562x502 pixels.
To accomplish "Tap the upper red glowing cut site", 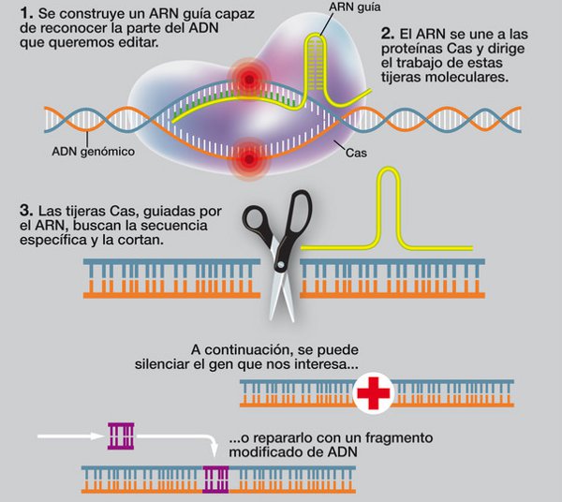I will (250, 77).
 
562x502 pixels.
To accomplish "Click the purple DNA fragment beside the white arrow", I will (121, 435).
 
